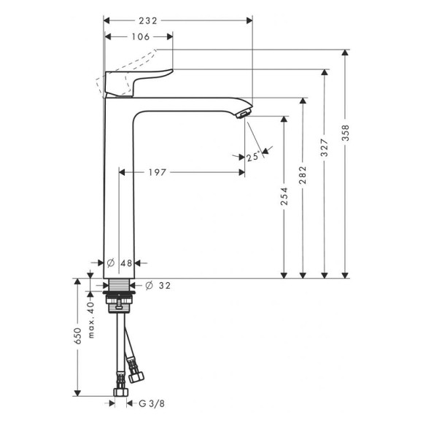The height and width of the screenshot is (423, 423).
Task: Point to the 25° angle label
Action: [253, 156]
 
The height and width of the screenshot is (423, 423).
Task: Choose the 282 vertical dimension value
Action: [304, 174]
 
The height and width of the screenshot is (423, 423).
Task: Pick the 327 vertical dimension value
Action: [325, 149]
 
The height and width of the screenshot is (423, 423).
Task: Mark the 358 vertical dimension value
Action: [346, 133]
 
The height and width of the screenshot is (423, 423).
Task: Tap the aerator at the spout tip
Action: [243, 112]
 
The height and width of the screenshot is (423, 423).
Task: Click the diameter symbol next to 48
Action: [110, 263]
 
